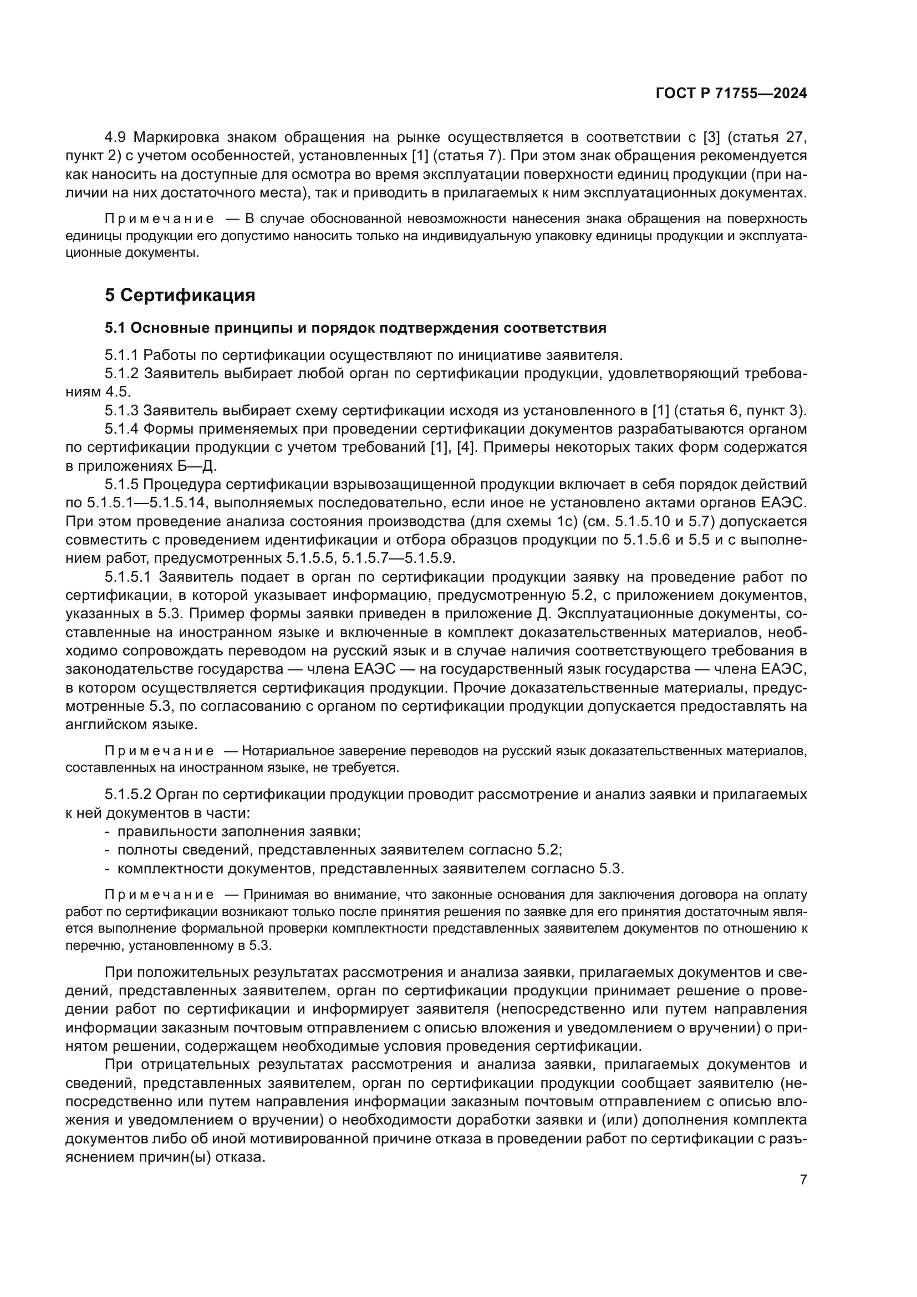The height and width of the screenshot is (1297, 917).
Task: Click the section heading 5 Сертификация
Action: [180, 295]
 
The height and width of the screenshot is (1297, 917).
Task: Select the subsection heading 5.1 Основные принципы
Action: [355, 328]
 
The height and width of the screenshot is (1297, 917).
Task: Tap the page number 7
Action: [803, 1179]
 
